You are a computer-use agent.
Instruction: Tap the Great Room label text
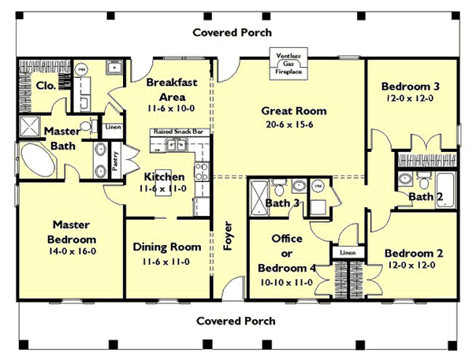293,111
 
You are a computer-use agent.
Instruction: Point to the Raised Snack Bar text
180,133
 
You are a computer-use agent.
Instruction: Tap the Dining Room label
166,247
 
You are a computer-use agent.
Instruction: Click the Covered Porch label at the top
235,32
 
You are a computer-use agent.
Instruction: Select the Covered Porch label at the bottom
236,321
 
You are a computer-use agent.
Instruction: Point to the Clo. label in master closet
45,85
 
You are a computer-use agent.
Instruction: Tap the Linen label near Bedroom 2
348,251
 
